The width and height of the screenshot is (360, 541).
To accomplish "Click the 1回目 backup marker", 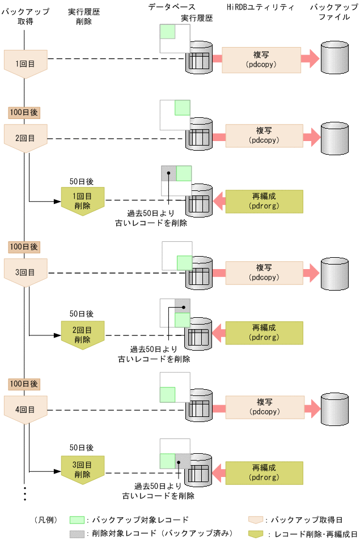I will tap(26, 63).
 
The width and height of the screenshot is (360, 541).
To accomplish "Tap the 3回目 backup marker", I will tap(26, 272).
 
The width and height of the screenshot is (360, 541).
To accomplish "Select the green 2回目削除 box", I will tap(83, 335).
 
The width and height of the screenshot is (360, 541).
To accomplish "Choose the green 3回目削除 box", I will tap(83, 469).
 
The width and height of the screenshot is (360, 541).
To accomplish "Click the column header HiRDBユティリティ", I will tap(260, 7).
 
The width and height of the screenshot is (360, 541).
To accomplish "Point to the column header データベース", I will tap(170, 7).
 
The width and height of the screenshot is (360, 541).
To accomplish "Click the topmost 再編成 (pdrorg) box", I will tap(264, 201).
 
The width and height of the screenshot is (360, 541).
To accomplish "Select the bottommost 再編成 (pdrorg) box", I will tap(264, 472).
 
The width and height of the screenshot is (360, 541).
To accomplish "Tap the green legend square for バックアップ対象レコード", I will tap(77, 519).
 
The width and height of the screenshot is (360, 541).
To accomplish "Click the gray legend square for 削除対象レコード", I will tap(77, 534).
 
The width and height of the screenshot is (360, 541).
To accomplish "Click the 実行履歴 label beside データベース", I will tap(197, 18).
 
